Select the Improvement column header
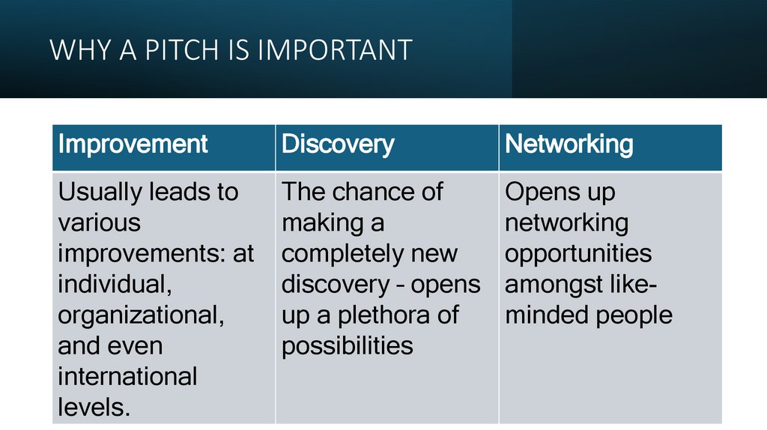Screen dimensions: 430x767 tap(133, 144)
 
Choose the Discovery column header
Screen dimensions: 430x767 tap(337, 144)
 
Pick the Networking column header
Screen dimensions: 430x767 tap(569, 144)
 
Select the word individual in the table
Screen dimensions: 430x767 tap(110, 285)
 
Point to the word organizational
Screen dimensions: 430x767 tap(140, 315)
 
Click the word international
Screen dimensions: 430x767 tap(127, 376)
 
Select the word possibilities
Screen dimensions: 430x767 tap(347, 345)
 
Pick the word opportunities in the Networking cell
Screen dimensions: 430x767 tap(577, 253)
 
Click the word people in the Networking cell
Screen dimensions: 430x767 tap(634, 315)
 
